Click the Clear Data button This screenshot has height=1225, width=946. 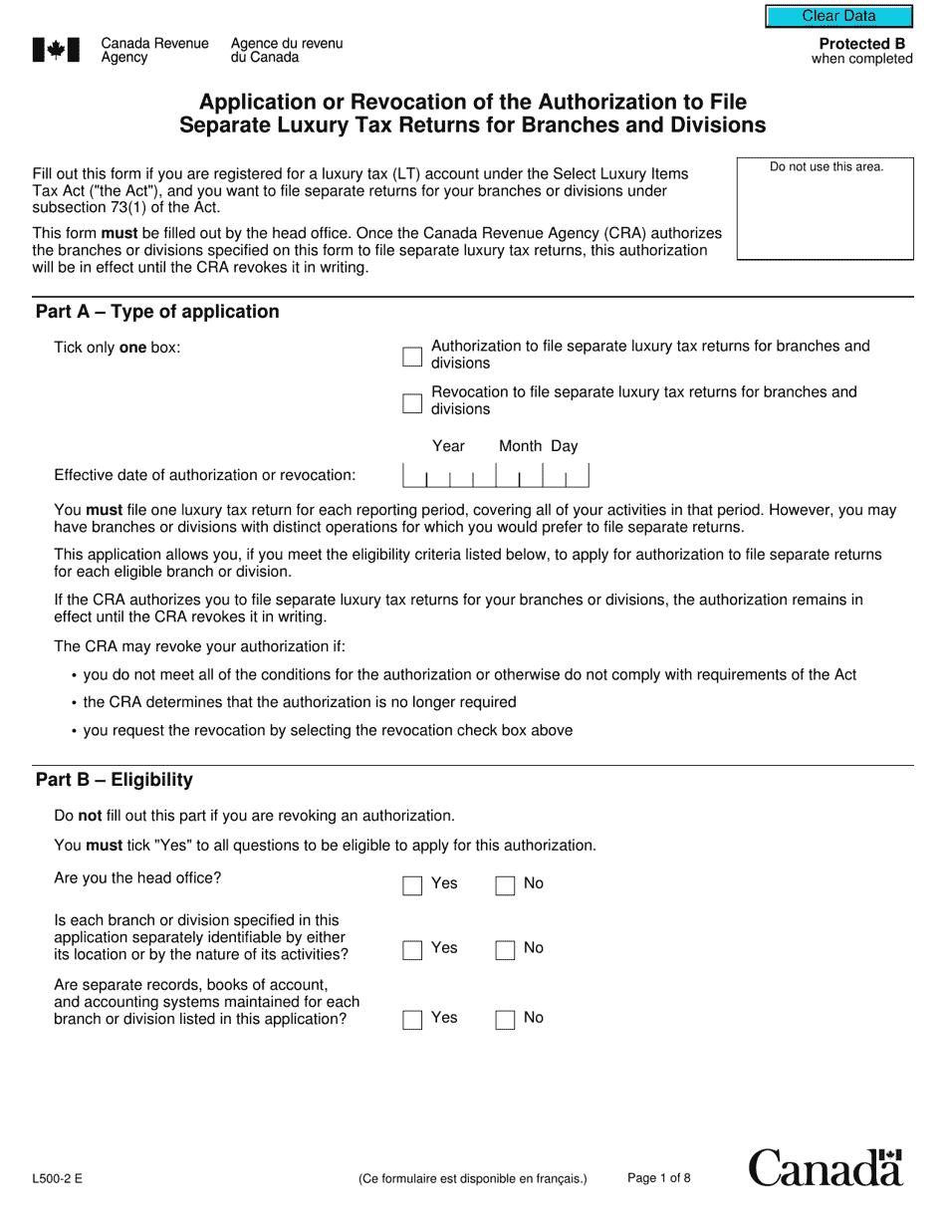pos(838,16)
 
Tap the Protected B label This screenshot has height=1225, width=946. pos(861,44)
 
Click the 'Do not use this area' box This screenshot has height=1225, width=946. pos(826,209)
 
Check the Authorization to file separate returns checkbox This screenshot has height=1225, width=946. pos(412,356)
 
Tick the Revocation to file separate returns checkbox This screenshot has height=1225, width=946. pos(412,402)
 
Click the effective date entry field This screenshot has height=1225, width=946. pos(496,476)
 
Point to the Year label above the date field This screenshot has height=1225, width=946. pos(448,446)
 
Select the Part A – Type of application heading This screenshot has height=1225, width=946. pos(157,312)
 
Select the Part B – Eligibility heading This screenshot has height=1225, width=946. pos(115,780)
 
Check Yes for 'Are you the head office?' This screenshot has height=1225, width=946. pos(412,885)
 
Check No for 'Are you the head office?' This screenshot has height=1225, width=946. pos(506,885)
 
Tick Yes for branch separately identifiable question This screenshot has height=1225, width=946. pos(412,950)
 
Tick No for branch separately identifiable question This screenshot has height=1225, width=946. pos(506,950)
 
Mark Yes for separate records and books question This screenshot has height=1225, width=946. pos(412,1020)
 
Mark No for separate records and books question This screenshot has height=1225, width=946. pos(506,1020)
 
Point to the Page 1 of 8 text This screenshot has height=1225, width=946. pos(658,1178)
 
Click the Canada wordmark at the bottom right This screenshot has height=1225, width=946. pos(826,1167)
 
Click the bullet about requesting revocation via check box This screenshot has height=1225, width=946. pos(328,730)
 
